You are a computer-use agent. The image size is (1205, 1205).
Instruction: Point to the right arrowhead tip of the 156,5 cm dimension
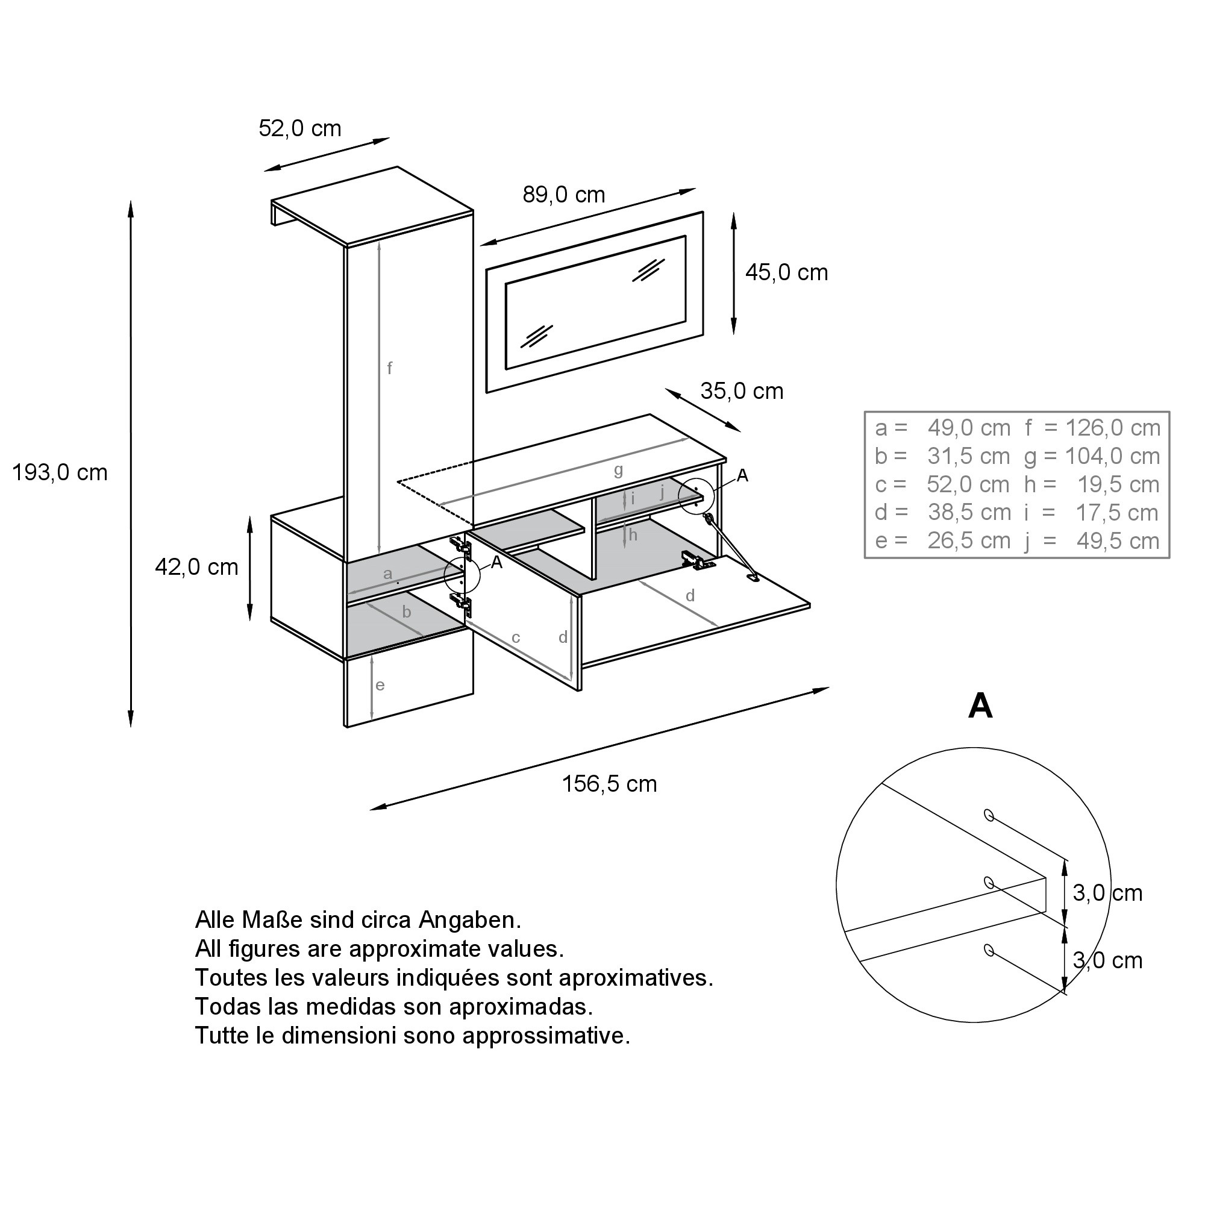(830, 688)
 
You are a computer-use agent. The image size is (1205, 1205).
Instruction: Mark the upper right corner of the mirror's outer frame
(704, 212)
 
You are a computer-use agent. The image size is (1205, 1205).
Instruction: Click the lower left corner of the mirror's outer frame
(486, 393)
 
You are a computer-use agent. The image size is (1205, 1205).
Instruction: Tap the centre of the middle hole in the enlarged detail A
(988, 883)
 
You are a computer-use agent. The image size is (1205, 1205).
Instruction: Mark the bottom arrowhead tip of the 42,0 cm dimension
(249, 621)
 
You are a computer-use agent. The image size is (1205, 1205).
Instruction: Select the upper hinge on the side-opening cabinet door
(462, 547)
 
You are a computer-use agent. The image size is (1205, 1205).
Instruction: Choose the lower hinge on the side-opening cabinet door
(462, 603)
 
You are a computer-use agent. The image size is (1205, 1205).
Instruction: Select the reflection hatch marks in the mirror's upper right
(648, 269)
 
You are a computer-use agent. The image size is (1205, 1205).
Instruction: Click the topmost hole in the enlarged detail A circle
(988, 815)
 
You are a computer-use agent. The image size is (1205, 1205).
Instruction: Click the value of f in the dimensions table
(1113, 428)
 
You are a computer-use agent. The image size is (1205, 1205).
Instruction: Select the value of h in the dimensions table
(1118, 484)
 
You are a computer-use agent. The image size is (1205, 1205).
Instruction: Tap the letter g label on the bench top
(618, 471)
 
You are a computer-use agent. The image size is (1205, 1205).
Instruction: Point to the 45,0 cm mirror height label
(786, 272)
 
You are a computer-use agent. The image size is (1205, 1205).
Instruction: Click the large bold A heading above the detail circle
(980, 706)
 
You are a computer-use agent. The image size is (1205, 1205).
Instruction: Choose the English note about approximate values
(379, 949)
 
